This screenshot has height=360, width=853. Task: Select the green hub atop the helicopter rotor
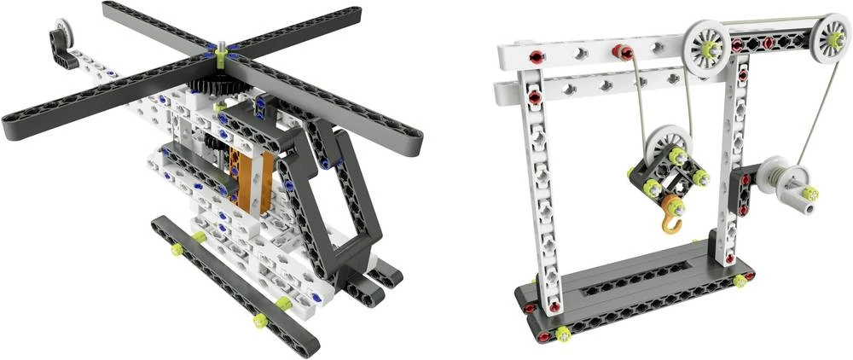pyautogui.click(x=221, y=56)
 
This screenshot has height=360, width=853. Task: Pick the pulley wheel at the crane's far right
pyautogui.click(x=830, y=38)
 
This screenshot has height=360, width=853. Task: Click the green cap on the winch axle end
pyautogui.click(x=810, y=194)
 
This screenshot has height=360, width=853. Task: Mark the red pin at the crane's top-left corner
pyautogui.click(x=537, y=57)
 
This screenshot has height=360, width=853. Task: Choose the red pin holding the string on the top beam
pyautogui.click(x=621, y=53)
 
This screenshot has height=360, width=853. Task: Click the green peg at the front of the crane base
pyautogui.click(x=564, y=334)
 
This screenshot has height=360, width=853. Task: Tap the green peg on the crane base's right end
pyautogui.click(x=739, y=280)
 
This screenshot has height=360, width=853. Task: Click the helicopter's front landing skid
pyautogui.click(x=230, y=286)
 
